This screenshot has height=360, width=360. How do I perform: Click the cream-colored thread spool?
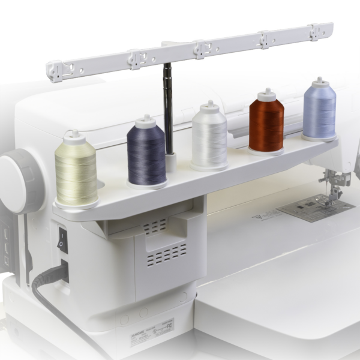click(x=76, y=171)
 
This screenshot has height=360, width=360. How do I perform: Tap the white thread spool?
click(x=209, y=139)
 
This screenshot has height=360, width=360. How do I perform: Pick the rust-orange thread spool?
click(x=266, y=124)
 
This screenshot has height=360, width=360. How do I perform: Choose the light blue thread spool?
click(x=319, y=112)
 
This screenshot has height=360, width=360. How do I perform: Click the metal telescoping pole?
click(x=168, y=108)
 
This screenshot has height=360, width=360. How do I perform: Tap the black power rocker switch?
click(x=62, y=239)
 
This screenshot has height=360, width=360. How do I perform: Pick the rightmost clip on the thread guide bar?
click(x=313, y=32)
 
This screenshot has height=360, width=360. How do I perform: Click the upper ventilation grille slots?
click(x=155, y=226)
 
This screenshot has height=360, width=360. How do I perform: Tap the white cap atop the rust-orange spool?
click(x=266, y=94)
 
